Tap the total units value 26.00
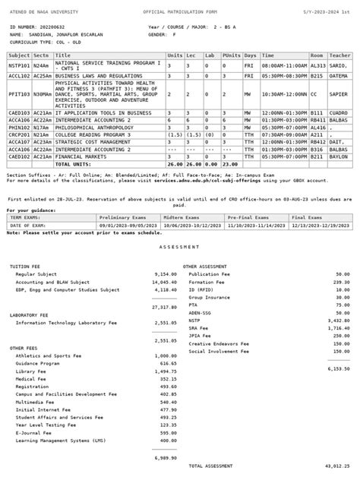[175, 163]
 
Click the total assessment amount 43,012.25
[336, 465]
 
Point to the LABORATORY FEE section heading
[30, 314]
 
